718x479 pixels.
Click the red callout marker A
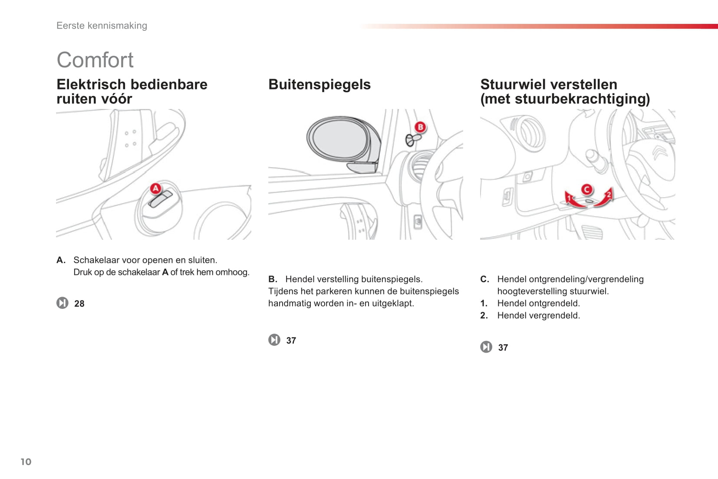[155, 188]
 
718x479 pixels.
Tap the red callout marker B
[420, 127]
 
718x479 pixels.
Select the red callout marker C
[586, 189]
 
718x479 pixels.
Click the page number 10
[26, 462]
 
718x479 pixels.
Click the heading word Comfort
[95, 60]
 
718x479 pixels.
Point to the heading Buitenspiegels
[319, 84]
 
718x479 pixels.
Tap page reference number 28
[79, 304]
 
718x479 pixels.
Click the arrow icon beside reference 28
[63, 303]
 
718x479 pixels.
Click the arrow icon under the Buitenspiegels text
[274, 340]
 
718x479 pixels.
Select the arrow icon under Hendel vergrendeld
[486, 347]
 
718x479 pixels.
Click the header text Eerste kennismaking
[102, 26]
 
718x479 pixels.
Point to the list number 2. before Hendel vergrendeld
[484, 316]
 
